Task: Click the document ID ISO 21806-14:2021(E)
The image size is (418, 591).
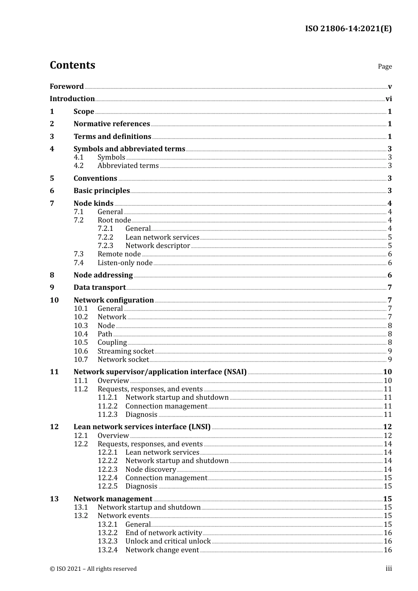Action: coord(348,29)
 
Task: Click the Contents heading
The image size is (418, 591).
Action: coord(72,65)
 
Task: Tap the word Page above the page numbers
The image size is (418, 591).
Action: coord(385,66)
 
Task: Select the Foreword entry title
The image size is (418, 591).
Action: coord(66,87)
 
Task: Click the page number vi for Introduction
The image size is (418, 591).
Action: coord(389,99)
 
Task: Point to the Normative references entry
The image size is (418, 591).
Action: coord(112,124)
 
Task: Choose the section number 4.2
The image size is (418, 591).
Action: coord(79,166)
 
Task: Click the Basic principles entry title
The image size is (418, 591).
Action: coord(102,191)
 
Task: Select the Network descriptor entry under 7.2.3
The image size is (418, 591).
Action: coord(158,246)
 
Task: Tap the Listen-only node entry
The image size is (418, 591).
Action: coord(125,263)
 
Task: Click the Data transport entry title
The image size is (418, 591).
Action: coord(99,288)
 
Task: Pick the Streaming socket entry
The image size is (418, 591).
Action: coord(125,351)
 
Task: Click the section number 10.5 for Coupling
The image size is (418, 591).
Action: coord(81,343)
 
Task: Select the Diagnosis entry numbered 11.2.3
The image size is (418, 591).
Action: coord(141,415)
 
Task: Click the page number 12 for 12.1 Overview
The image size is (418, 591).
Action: coord(388,436)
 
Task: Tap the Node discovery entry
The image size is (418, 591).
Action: coord(150,470)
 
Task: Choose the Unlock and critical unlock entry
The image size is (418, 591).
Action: coord(168,541)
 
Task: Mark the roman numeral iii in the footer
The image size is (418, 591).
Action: coord(389,569)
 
